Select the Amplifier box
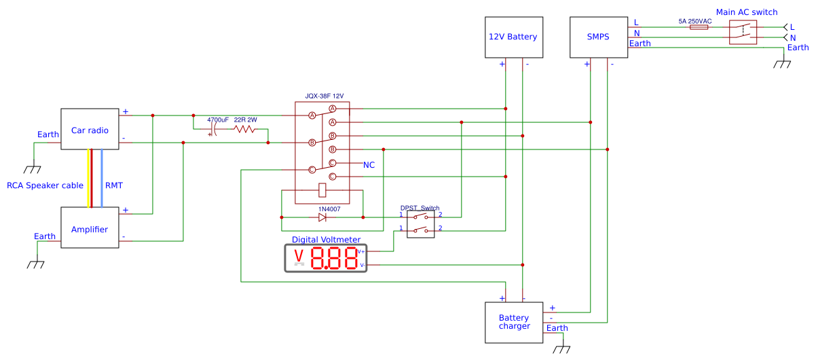tap(90, 228)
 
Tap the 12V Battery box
tap(513, 37)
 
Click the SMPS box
tap(598, 37)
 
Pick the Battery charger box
tap(514, 322)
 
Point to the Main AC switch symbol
tap(743, 31)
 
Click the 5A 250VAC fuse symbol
tap(699, 28)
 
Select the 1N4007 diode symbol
tap(322, 217)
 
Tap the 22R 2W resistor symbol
tap(245, 129)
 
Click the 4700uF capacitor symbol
tap(215, 129)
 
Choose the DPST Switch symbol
tap(420, 223)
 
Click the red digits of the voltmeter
tap(334, 258)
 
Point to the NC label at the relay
tap(369, 165)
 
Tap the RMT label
tap(114, 185)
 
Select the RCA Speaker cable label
tap(45, 185)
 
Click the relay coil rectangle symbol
tap(322, 191)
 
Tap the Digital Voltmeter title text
tap(326, 239)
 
